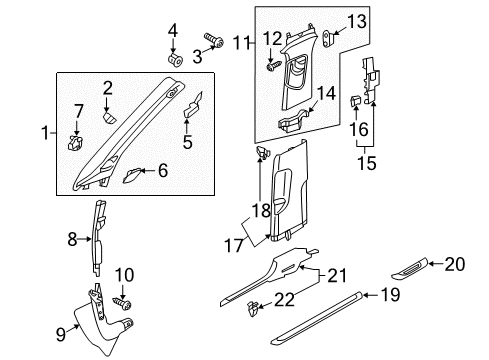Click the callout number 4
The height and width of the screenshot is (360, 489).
[173, 31]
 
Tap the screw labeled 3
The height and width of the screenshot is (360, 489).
[214, 40]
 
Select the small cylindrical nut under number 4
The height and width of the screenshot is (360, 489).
[175, 59]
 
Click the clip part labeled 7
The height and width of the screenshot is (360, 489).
[75, 143]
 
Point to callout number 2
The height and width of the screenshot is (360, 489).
[107, 89]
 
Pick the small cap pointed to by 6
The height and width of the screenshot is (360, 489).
[132, 175]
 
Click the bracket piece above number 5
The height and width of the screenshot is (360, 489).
[193, 105]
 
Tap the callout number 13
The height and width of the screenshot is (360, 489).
[357, 21]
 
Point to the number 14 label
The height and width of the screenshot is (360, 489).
[326, 93]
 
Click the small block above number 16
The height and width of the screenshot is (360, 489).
[354, 100]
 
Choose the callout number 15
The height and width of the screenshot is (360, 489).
[367, 163]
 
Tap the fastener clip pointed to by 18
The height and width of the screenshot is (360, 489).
[262, 153]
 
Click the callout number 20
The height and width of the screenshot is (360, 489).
[455, 264]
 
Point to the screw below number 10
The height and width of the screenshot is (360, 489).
[122, 303]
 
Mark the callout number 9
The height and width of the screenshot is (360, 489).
[61, 334]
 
